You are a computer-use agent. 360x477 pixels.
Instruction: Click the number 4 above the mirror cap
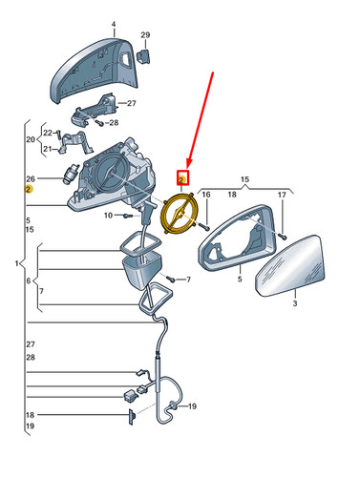pyautogui.click(x=114, y=25)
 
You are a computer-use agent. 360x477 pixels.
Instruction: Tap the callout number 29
pyautogui.click(x=145, y=35)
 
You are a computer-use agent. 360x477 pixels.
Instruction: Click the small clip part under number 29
pyautogui.click(x=143, y=55)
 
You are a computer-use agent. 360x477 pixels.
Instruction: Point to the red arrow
pyautogui.click(x=201, y=119)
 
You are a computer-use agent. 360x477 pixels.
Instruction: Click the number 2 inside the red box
pyautogui.click(x=181, y=180)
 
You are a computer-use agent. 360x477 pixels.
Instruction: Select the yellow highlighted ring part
pyautogui.click(x=180, y=214)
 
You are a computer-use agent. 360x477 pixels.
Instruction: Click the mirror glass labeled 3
pyautogui.click(x=290, y=266)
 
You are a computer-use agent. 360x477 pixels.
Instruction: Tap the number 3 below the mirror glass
pyautogui.click(x=295, y=303)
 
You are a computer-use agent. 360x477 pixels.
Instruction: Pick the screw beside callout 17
pyautogui.click(x=282, y=236)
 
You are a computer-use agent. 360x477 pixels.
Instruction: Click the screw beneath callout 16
pyautogui.click(x=204, y=226)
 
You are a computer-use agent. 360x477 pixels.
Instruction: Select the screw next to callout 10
pyautogui.click(x=128, y=216)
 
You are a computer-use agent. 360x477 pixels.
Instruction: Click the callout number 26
pyautogui.click(x=31, y=179)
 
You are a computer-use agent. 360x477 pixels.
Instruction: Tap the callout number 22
pyautogui.click(x=48, y=133)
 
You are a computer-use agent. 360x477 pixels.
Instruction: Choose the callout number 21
pyautogui.click(x=47, y=149)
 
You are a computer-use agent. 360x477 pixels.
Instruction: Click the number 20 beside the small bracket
pyautogui.click(x=31, y=139)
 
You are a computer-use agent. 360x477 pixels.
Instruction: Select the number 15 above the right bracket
pyautogui.click(x=244, y=179)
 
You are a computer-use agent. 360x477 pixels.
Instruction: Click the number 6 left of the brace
pyautogui.click(x=29, y=280)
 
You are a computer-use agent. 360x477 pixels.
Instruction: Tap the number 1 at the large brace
pyautogui.click(x=16, y=263)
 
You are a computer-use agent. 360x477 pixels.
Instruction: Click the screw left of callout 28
pyautogui.click(x=99, y=123)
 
